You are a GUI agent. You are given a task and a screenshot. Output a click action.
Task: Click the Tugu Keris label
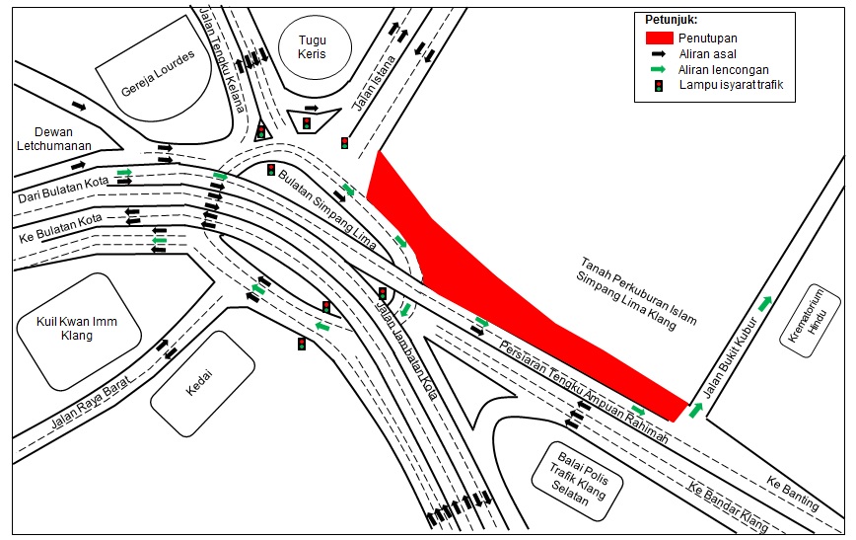313,47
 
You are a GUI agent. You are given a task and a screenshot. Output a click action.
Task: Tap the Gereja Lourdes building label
158,74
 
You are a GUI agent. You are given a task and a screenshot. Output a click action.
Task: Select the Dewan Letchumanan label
53,139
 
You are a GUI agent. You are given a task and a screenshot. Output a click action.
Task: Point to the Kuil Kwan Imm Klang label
77,328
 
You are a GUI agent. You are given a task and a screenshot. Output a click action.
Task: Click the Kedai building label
199,383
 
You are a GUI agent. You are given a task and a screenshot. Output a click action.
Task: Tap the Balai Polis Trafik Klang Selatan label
579,478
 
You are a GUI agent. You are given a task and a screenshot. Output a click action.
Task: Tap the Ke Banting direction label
793,493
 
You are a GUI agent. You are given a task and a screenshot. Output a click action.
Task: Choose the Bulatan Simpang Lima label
327,209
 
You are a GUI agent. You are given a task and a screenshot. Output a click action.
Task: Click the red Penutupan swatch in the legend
660,38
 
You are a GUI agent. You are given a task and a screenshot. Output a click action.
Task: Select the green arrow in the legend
659,69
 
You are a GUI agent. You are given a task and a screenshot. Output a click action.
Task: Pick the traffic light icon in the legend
659,85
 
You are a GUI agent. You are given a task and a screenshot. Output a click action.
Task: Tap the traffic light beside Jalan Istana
344,143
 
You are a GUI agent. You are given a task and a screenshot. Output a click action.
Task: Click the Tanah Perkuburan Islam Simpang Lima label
636,293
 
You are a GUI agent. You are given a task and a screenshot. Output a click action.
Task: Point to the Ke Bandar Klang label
728,507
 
